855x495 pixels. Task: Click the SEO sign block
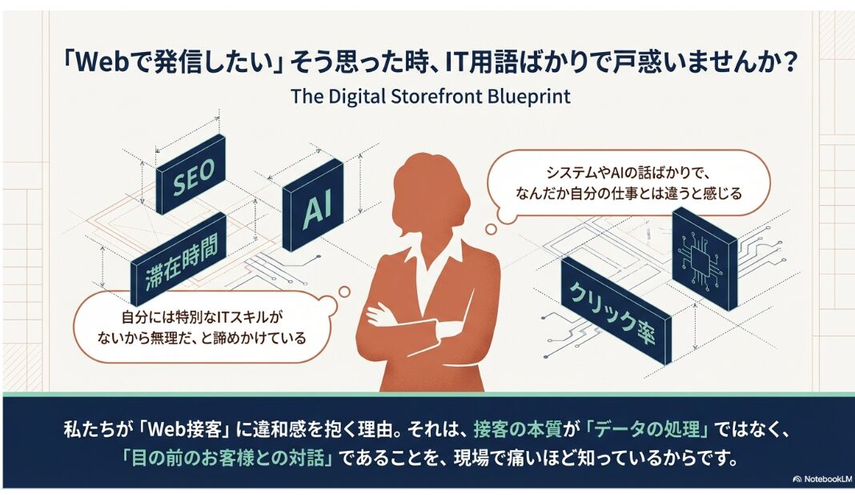pyautogui.click(x=191, y=174)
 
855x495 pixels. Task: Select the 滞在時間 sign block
pyautogui.click(x=179, y=260)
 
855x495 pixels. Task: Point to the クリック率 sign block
pyautogui.click(x=616, y=311)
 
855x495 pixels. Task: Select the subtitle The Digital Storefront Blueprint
pyautogui.click(x=431, y=97)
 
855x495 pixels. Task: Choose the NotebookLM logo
pyautogui.click(x=821, y=479)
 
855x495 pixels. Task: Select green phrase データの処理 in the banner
pyautogui.click(x=647, y=430)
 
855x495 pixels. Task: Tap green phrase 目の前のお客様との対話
pyautogui.click(x=227, y=457)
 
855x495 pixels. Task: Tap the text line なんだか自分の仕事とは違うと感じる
pyautogui.click(x=628, y=194)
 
